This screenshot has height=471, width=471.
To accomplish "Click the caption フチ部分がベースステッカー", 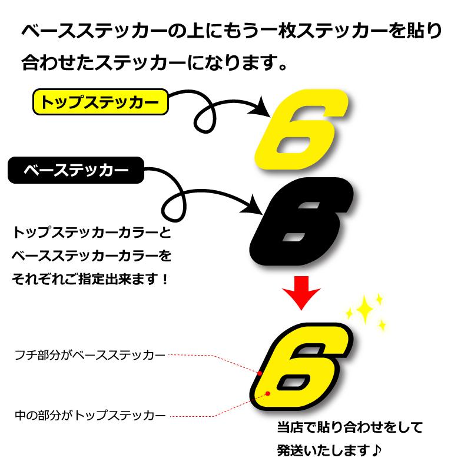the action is point(90,355).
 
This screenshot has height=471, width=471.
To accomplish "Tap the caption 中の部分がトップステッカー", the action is point(90,416).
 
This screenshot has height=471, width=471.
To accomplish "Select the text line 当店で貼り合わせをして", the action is point(350,427).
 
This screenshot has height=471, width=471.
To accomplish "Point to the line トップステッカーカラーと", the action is point(91,233).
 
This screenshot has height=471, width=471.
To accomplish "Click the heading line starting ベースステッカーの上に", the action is point(231,31).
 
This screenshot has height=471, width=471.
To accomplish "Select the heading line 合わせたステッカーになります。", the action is point(154,61).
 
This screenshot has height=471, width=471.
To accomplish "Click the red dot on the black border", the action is point(260,372).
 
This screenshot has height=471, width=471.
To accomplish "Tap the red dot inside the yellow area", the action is point(268,393).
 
